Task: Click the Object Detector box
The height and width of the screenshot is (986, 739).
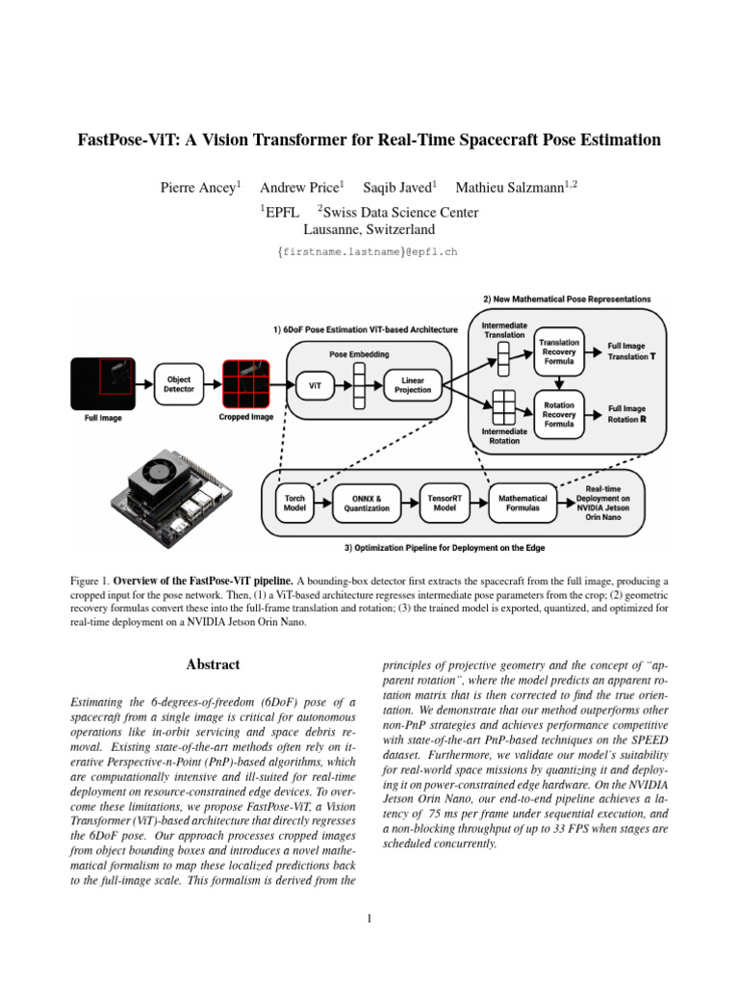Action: click(178, 384)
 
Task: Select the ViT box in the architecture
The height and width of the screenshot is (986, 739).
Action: click(315, 385)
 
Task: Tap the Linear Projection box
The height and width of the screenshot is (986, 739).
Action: click(412, 385)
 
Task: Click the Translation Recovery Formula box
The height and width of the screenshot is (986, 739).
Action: click(559, 351)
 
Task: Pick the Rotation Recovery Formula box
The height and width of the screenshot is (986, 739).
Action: click(559, 414)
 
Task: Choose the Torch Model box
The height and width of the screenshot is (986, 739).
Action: click(294, 503)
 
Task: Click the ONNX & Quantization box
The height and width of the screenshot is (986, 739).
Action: click(367, 503)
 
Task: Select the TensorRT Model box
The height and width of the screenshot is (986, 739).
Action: click(445, 503)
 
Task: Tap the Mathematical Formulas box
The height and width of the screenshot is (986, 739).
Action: click(522, 503)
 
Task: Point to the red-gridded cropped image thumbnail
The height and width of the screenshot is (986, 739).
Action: click(245, 383)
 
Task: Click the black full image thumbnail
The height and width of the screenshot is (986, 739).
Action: click(103, 383)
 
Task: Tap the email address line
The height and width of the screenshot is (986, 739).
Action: click(368, 252)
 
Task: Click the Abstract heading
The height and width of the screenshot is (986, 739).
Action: click(213, 664)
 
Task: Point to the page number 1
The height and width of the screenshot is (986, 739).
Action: click(369, 919)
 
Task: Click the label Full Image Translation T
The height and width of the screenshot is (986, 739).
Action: click(631, 350)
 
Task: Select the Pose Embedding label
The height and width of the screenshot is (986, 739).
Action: click(359, 354)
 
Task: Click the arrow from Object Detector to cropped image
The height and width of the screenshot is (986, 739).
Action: click(213, 384)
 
